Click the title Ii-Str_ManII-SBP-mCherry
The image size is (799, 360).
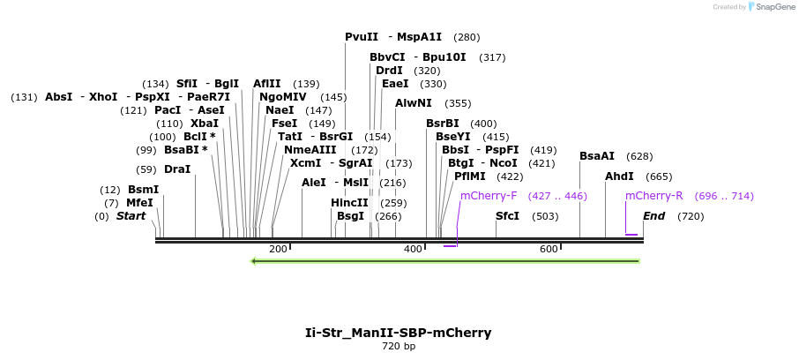(398, 333)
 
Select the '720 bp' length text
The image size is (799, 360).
(398, 347)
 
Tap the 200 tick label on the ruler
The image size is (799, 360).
(278, 250)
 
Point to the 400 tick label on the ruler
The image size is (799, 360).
(414, 250)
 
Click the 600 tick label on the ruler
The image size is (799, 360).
(549, 250)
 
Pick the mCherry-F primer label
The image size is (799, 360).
(489, 196)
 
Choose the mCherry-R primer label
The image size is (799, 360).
(653, 196)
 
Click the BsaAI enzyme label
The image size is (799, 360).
(597, 156)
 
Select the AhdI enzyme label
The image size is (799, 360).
(619, 176)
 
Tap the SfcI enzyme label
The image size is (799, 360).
(508, 216)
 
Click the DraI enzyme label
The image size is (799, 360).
(177, 169)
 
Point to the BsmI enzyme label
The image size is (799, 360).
(143, 190)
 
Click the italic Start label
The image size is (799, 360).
(131, 216)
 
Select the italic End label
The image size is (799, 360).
(653, 216)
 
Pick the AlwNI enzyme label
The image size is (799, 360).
(414, 103)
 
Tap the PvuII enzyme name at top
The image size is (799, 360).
(362, 37)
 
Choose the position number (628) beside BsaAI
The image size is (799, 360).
(639, 156)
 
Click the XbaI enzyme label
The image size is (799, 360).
(205, 124)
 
